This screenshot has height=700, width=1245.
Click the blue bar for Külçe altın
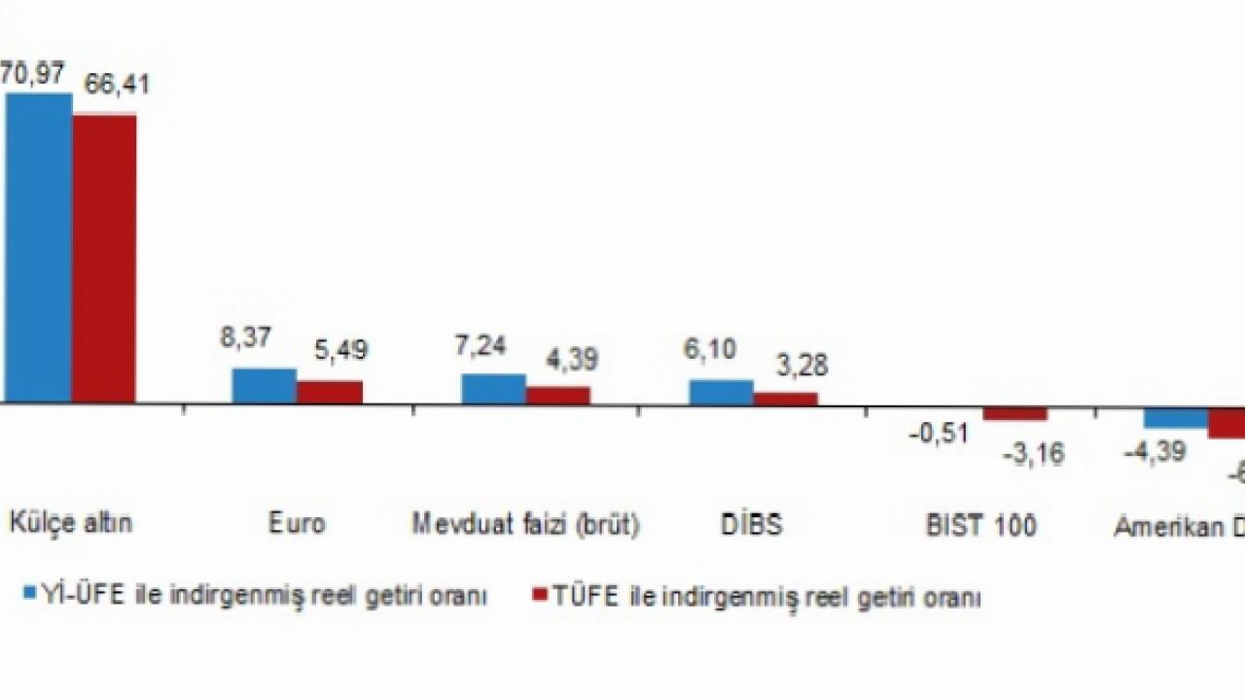(39, 247)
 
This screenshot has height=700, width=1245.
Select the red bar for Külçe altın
(104, 258)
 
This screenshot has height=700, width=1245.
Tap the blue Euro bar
(264, 385)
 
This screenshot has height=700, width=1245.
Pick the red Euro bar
(330, 391)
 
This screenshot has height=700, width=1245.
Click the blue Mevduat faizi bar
(493, 388)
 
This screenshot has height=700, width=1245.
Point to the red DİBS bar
(786, 397)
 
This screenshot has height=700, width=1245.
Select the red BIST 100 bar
(1014, 412)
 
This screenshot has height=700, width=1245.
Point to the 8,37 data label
(246, 337)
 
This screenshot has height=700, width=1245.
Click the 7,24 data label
(480, 347)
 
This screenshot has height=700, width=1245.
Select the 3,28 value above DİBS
(800, 367)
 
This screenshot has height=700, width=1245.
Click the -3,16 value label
(1033, 452)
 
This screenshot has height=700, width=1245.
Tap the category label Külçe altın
(71, 523)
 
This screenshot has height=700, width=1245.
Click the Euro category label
(297, 524)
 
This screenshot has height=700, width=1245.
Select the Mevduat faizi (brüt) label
(525, 524)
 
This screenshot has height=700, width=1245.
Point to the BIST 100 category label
(980, 525)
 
